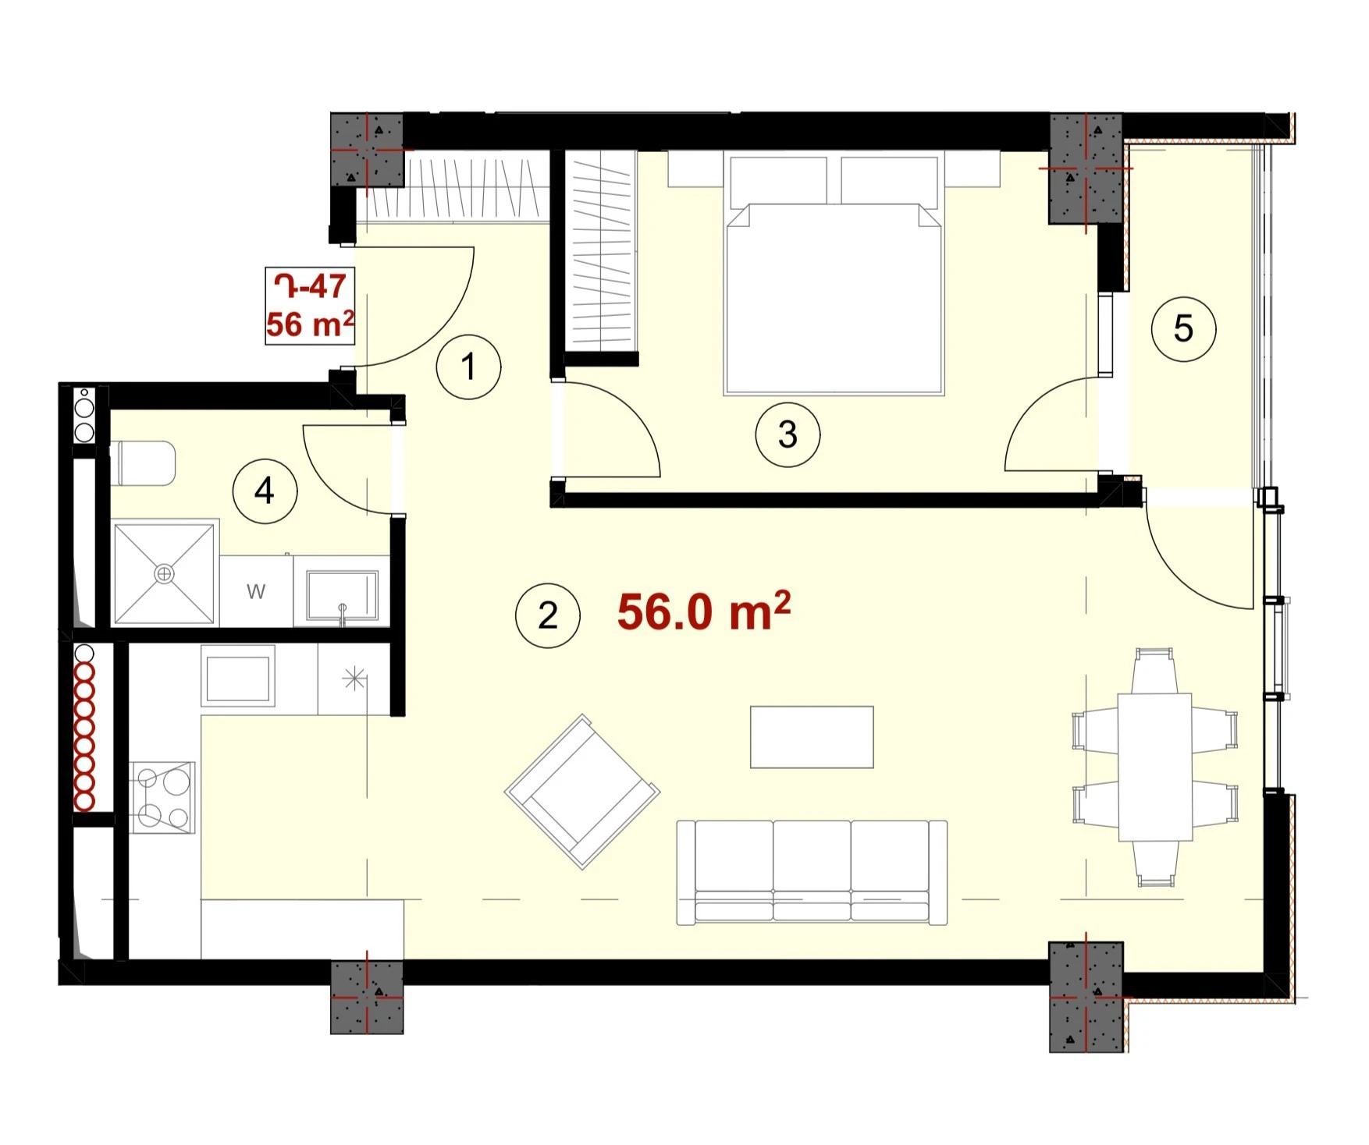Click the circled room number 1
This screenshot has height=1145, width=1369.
tap(468, 367)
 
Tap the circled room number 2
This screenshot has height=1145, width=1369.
tap(548, 615)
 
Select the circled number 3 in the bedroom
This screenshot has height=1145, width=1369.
tap(788, 434)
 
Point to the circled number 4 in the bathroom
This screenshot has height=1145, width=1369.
tap(265, 491)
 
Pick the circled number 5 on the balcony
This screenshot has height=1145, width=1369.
tap(1183, 328)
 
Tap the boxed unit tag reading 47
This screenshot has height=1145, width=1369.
tap(311, 306)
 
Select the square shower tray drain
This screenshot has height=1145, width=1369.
tap(164, 574)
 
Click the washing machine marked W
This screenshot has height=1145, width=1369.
tap(256, 590)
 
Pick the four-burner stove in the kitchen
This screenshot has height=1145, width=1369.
tap(162, 797)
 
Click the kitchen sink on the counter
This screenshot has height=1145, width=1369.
tap(238, 675)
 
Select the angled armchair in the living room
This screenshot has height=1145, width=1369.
tap(582, 792)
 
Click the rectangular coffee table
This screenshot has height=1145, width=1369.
tap(812, 737)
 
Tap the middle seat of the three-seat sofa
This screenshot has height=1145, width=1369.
tap(812, 872)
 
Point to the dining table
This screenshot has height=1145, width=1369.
tap(1154, 767)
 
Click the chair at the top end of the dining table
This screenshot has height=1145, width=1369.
tap(1154, 671)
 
